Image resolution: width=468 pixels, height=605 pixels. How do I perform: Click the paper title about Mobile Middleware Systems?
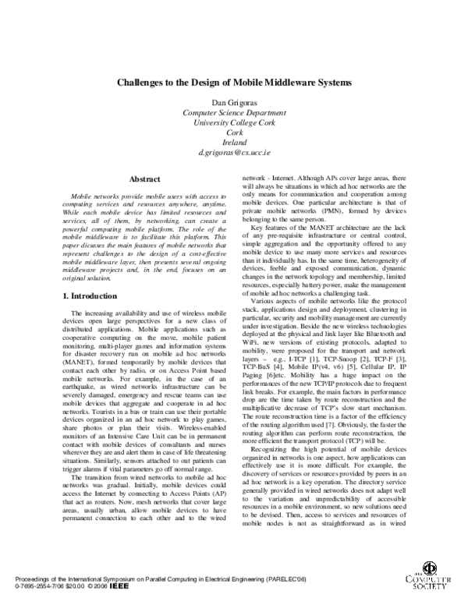coord(234,81)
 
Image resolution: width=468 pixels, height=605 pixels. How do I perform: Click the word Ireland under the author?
coord(234,143)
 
